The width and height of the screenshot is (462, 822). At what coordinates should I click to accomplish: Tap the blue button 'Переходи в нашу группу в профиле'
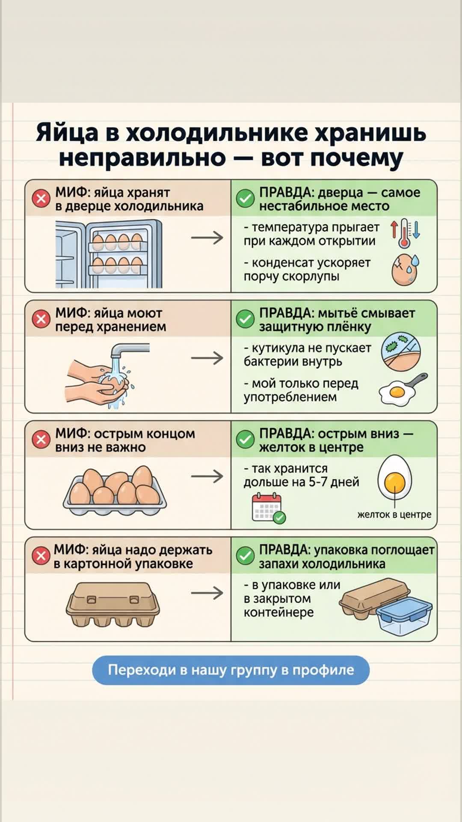point(231,670)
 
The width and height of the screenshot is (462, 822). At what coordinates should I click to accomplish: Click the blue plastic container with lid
point(404,615)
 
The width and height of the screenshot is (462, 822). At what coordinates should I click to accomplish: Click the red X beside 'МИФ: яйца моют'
point(41,319)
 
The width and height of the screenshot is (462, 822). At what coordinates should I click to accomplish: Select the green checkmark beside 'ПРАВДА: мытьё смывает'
point(245,319)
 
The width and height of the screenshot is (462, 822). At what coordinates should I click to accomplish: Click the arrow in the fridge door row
point(207,237)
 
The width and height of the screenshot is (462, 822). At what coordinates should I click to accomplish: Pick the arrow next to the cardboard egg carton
point(207,593)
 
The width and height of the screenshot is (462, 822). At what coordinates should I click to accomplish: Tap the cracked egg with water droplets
point(405,270)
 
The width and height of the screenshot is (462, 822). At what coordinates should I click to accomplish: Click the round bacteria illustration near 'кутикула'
point(401,351)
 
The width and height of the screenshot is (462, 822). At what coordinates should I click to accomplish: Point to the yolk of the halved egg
point(394,483)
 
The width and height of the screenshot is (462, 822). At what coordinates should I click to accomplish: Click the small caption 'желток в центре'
point(394,515)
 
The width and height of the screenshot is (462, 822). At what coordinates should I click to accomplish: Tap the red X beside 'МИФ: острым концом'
point(41,440)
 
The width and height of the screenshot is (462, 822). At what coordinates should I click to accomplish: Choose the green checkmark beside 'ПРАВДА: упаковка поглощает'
point(245,556)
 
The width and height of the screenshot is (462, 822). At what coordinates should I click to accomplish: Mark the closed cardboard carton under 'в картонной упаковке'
point(113,604)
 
